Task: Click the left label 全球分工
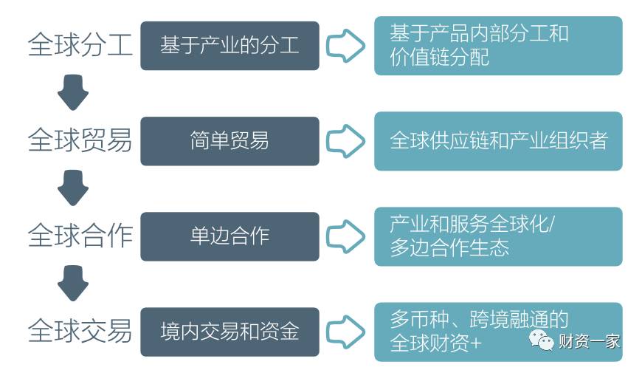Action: (80, 45)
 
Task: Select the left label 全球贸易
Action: (80, 140)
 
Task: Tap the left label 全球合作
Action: (80, 236)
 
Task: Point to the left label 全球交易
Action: (80, 330)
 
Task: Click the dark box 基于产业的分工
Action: (229, 46)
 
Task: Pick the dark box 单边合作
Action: (229, 236)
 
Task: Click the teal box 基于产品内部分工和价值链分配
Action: (498, 46)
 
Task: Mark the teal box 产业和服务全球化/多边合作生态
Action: (498, 236)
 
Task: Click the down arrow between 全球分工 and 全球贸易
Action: (72, 93)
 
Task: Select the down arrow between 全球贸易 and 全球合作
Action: (72, 188)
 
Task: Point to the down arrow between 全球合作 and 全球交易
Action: (72, 284)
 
